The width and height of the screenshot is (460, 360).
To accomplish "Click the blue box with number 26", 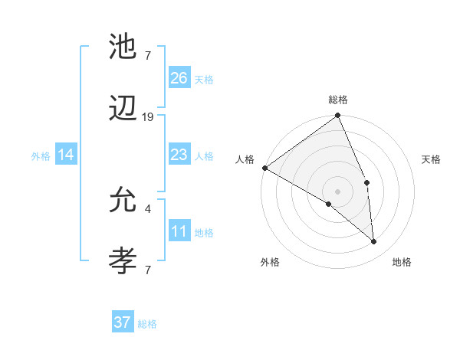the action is pos(179,77).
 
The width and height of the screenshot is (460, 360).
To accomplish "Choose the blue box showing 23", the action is pos(179,155).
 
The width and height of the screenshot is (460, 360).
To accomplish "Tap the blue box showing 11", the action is pos(179,231).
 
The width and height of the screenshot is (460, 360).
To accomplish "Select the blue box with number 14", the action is pos(66,155).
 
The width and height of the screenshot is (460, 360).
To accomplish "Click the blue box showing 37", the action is pos(123,322).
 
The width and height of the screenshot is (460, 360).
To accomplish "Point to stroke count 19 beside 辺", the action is pos(148,117).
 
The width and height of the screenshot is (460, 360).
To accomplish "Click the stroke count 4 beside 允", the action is pos(148,207).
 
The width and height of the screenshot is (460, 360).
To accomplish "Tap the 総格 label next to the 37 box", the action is pos(147,324).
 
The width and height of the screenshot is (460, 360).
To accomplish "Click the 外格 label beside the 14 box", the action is pos(41,155).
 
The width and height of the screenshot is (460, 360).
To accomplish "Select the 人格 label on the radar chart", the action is pos(245,159).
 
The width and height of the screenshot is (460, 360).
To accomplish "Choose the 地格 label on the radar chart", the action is pos(402,262).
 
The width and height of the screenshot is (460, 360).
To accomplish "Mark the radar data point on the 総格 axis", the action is pos(337,116).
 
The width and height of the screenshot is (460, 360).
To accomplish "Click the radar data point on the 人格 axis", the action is pos(264,168).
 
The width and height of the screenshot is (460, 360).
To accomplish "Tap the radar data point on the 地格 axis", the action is pos(374,242).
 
